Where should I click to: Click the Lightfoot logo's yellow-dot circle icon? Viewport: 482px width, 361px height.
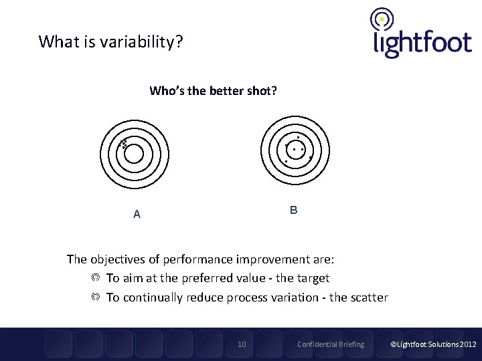(x=382, y=19)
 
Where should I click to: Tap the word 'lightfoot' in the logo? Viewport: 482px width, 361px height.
(x=422, y=42)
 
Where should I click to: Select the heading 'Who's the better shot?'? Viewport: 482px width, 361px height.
(x=213, y=90)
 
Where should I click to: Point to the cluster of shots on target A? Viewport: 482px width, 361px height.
(x=123, y=143)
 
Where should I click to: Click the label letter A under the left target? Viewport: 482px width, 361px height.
(x=137, y=215)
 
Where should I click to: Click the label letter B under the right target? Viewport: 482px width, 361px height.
(x=293, y=210)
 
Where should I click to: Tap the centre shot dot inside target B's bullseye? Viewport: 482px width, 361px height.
(x=294, y=149)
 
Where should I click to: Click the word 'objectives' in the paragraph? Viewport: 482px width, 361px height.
(x=118, y=259)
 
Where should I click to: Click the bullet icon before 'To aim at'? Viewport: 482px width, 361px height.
(x=96, y=277)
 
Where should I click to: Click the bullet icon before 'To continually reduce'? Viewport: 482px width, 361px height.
(x=96, y=297)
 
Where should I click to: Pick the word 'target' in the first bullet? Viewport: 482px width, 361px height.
(x=312, y=278)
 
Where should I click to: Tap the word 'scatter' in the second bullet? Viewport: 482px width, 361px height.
(x=368, y=297)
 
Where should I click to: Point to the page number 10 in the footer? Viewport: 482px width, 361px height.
(x=242, y=344)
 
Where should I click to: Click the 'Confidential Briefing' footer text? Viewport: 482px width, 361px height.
(x=331, y=344)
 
